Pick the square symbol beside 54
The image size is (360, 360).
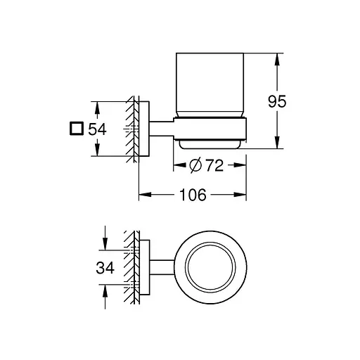coord(76,129)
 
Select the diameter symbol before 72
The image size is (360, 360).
coord(198,166)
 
